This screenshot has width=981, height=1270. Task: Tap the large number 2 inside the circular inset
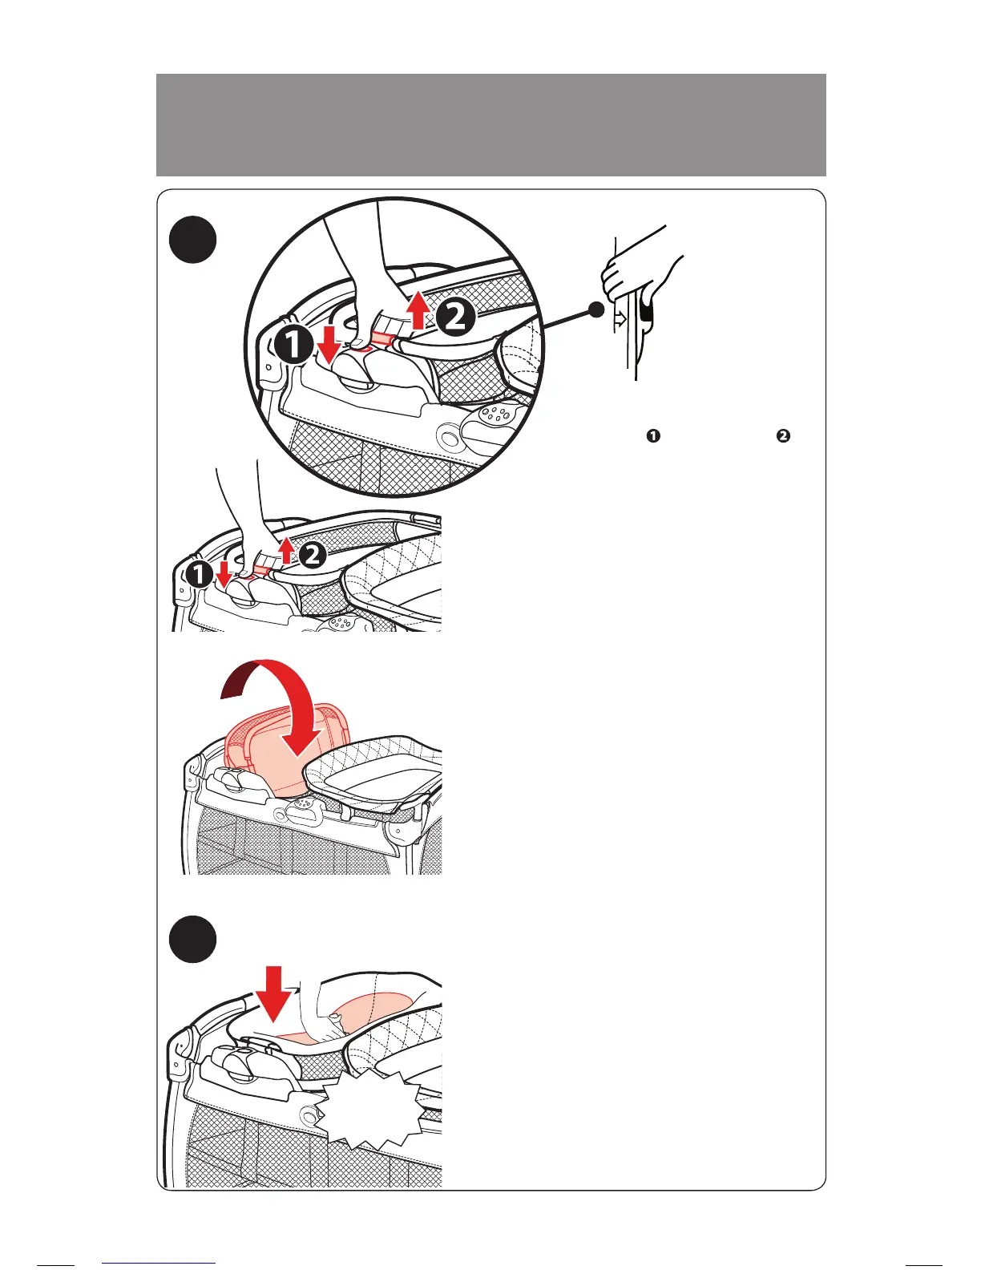click(x=454, y=318)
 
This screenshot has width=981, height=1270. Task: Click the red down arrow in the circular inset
click(x=329, y=342)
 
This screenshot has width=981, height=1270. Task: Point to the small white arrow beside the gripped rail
click(x=619, y=319)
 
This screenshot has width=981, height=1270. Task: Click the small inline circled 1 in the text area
click(x=654, y=436)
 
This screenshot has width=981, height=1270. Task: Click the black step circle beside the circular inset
click(x=193, y=240)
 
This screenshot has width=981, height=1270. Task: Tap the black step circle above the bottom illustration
click(x=193, y=939)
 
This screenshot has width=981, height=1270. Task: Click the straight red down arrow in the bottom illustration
click(x=274, y=991)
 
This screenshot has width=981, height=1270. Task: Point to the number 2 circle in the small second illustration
click(x=313, y=555)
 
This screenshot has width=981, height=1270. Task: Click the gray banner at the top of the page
click(x=490, y=124)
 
